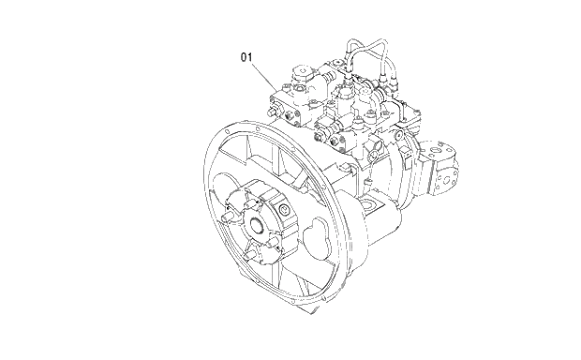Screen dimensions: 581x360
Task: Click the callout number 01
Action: point(247,58)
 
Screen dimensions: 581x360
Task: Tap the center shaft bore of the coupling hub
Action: point(256,225)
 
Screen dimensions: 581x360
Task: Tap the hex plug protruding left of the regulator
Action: point(273,112)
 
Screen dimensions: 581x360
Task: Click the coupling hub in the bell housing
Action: point(255,223)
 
